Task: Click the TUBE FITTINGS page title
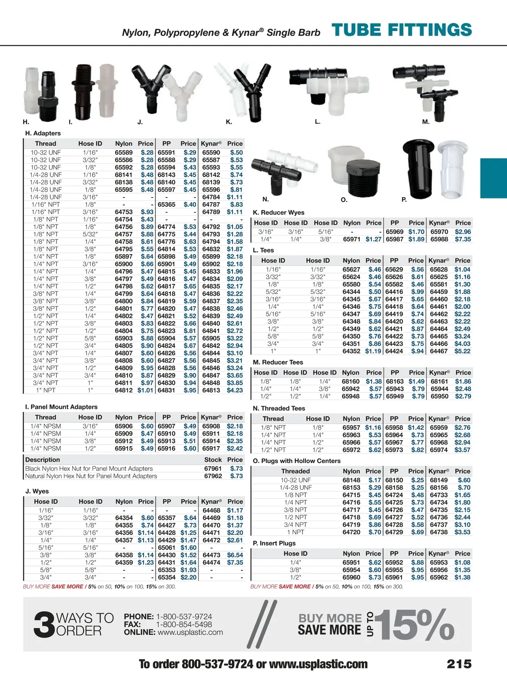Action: [x=401, y=30]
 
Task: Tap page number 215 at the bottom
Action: [x=459, y=664]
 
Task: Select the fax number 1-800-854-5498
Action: [x=184, y=624]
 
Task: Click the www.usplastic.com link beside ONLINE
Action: [x=190, y=632]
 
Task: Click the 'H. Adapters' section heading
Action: [x=43, y=133]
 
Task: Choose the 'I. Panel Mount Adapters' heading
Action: [x=61, y=407]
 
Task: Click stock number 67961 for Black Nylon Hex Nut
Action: [x=213, y=469]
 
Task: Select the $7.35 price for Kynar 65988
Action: [x=463, y=239]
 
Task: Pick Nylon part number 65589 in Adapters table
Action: [x=124, y=153]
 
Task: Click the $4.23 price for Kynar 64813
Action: [x=235, y=390]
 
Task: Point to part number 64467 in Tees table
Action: [x=439, y=351]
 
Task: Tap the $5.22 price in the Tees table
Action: [x=462, y=351]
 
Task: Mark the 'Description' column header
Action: [x=43, y=460]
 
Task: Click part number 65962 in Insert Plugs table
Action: [x=439, y=577]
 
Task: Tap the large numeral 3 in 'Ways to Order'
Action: [x=44, y=625]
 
